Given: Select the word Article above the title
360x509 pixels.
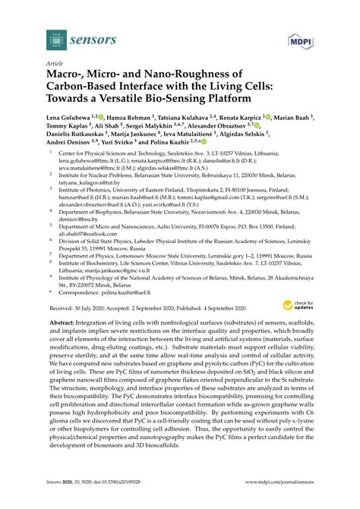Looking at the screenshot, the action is (x=55, y=65).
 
